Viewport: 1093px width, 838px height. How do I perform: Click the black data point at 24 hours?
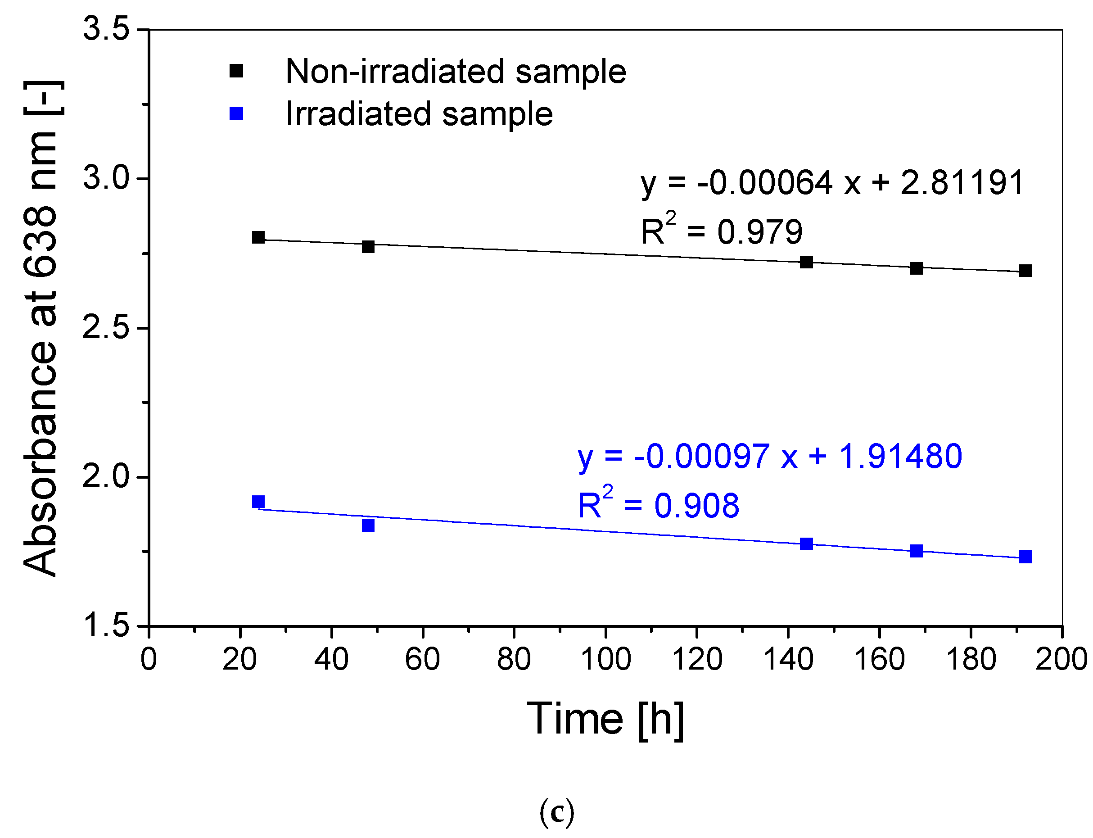[x=258, y=237]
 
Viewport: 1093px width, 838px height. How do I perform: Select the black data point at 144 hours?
[x=806, y=262]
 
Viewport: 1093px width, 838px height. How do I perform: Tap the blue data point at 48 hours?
[x=368, y=525]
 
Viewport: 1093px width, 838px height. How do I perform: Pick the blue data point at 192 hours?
[x=1025, y=557]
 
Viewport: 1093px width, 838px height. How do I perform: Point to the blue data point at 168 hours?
[x=916, y=551]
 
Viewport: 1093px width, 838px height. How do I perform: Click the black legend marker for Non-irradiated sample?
[x=236, y=71]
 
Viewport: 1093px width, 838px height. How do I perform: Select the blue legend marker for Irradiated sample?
[x=236, y=114]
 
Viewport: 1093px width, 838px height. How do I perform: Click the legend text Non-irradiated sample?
[x=455, y=71]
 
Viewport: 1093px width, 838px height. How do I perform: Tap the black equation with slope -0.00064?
[x=832, y=182]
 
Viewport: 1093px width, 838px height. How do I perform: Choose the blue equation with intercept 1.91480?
[x=769, y=456]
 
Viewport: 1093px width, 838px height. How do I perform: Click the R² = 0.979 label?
[x=721, y=231]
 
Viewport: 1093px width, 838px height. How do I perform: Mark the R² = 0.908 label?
[x=658, y=504]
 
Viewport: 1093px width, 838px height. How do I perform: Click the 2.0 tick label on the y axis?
[x=106, y=476]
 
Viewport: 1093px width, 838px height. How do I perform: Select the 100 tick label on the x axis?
[x=605, y=659]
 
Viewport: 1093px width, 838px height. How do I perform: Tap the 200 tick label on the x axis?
[x=1061, y=659]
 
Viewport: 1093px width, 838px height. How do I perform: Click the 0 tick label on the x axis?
[x=149, y=659]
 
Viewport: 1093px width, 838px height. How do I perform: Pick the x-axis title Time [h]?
[x=605, y=719]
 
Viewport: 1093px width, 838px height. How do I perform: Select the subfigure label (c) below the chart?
[x=556, y=811]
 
